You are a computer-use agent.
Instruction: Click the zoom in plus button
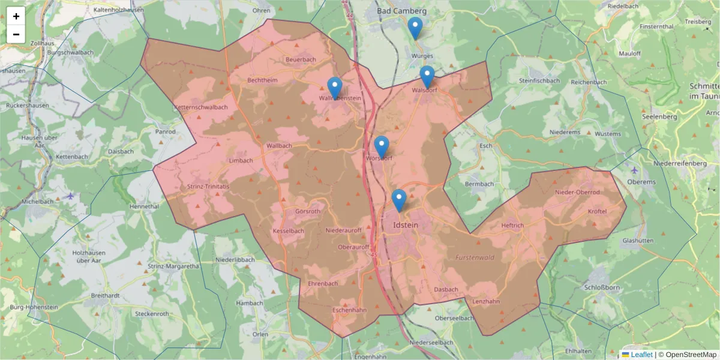[x=16, y=16]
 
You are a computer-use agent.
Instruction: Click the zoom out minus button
[x=16, y=34]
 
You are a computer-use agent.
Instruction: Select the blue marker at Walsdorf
[x=427, y=76]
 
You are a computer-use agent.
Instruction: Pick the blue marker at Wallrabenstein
[x=334, y=88]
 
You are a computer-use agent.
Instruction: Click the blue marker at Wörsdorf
[x=382, y=146]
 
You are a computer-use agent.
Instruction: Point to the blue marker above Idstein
[x=399, y=200]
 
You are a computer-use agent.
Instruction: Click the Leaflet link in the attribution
[x=641, y=355]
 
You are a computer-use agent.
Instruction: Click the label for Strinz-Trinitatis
[x=208, y=187]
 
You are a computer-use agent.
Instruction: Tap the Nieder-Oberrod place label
[x=577, y=192]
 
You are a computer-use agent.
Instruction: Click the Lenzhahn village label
[x=486, y=301]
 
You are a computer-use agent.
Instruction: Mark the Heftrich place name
[x=512, y=226]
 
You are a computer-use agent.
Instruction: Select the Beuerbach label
[x=301, y=59]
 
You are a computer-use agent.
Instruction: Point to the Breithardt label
[x=106, y=296]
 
